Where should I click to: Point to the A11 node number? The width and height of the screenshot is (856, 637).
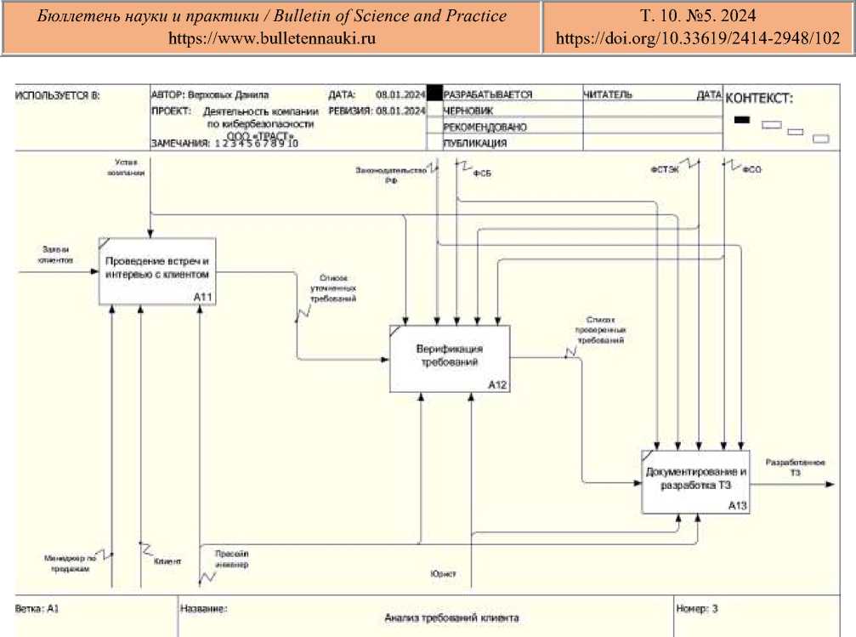tap(201, 297)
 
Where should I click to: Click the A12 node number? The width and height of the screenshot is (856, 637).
tap(497, 385)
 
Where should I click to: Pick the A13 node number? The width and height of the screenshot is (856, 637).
tap(737, 505)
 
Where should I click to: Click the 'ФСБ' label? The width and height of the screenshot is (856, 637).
tap(482, 173)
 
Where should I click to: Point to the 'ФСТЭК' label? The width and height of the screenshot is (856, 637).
tap(665, 169)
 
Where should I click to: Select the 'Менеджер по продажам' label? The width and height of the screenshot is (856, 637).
tap(66, 563)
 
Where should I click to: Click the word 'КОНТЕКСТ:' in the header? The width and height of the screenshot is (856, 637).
tap(758, 99)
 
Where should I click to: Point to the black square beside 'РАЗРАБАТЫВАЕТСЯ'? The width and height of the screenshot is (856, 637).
tap(434, 94)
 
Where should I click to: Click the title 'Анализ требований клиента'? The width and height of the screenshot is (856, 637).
tap(451, 617)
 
